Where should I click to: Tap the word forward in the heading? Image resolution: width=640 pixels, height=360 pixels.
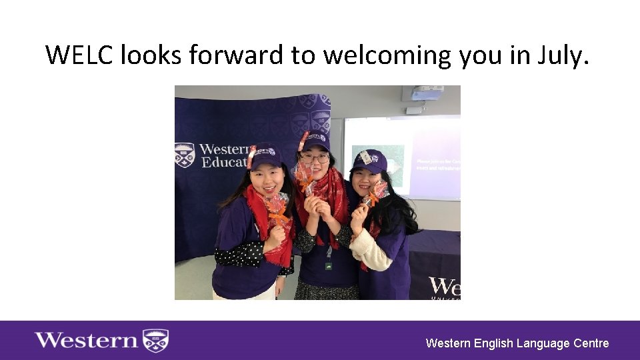(236, 55)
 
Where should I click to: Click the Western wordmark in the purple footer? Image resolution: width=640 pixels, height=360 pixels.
(86, 340)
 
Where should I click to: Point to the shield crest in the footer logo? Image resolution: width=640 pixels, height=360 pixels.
(157, 340)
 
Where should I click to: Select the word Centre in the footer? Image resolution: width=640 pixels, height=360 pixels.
(590, 343)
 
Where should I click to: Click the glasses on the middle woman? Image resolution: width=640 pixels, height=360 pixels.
(315, 159)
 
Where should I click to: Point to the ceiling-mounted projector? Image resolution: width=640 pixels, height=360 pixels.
(424, 93)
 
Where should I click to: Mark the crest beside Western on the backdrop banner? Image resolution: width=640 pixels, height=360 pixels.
(185, 155)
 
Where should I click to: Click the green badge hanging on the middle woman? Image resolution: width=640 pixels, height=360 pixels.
(329, 265)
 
